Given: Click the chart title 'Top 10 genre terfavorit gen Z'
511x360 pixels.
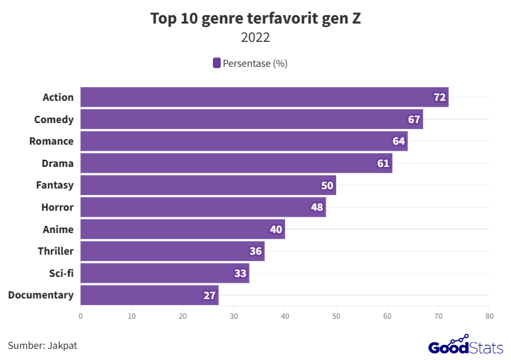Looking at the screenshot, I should point(255,18).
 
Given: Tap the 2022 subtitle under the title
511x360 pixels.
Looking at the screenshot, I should point(255,38).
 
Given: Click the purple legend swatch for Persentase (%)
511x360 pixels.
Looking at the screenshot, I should point(216,63).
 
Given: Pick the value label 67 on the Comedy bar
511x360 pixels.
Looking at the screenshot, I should point(413,120).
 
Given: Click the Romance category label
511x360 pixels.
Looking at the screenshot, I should point(51,141).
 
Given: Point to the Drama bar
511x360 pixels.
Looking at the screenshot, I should point(236,164).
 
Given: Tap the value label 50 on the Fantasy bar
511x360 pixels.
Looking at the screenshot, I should point(327,186).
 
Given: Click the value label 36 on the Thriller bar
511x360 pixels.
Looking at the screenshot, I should point(255,252).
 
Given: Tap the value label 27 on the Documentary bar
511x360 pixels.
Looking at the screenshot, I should point(209,296).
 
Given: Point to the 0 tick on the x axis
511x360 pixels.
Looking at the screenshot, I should point(81,316).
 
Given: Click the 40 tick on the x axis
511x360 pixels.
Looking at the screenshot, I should point(285,316).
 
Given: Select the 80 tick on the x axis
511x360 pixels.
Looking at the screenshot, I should point(489,316).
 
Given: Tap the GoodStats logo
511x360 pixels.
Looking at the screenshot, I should point(466,345).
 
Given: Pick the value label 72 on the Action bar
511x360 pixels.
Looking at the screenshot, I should point(440,98).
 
